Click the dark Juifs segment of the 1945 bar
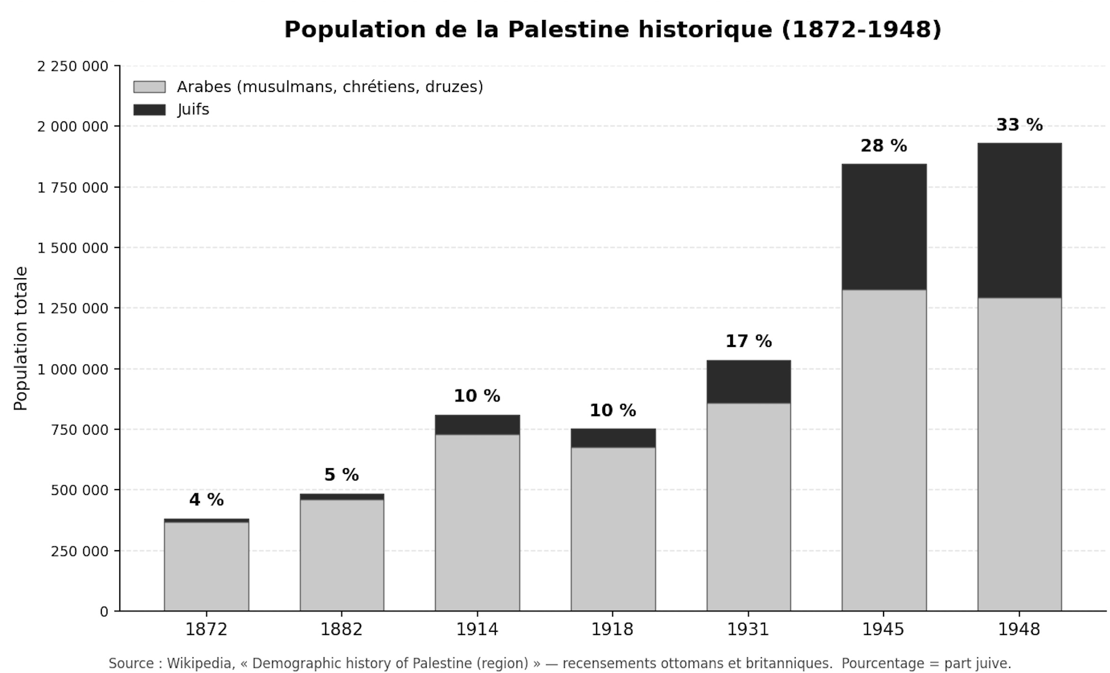(x=884, y=227)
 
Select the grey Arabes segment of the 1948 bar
(x=1019, y=454)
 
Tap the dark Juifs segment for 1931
(x=748, y=382)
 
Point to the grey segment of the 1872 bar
(x=206, y=566)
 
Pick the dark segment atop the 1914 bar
(x=477, y=425)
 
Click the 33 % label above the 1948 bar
(x=1019, y=125)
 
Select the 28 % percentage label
(x=884, y=146)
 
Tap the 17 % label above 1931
(x=748, y=341)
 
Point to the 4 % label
(x=206, y=500)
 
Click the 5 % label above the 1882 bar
(x=341, y=474)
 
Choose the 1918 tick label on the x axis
(x=612, y=629)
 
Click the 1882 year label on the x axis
(x=341, y=629)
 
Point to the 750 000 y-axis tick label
(x=80, y=430)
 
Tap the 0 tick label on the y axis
(x=105, y=612)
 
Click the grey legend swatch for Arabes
(x=150, y=87)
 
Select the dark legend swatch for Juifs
(x=150, y=110)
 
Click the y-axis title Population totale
(x=21, y=338)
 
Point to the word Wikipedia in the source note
(x=201, y=664)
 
